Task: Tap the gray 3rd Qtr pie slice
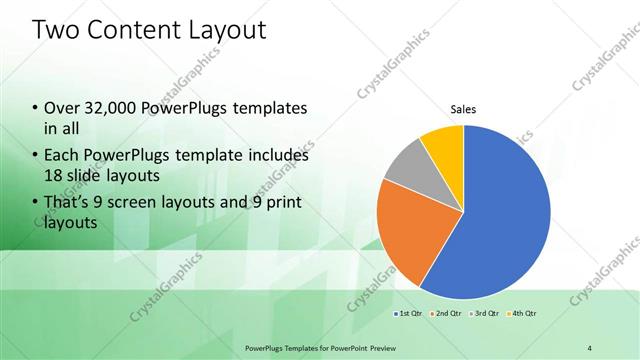pos(406,169)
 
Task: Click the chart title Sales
pos(463,109)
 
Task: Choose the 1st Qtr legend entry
pos(409,314)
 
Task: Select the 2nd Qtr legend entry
pos(446,314)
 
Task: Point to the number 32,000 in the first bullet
pos(112,109)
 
